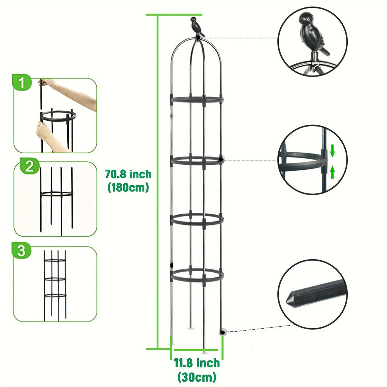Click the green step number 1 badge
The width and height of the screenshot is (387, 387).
point(22,83)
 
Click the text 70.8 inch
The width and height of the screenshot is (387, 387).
point(128,174)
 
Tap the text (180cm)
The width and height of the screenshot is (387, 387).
point(128,187)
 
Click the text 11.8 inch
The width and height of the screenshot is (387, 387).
point(196,363)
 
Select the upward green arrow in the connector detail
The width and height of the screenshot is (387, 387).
point(333,172)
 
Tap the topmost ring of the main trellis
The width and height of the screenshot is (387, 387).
point(197,99)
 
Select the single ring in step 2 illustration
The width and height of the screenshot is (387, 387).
point(57,194)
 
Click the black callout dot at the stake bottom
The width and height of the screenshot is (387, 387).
point(222,332)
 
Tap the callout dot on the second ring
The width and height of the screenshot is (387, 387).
point(221,160)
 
